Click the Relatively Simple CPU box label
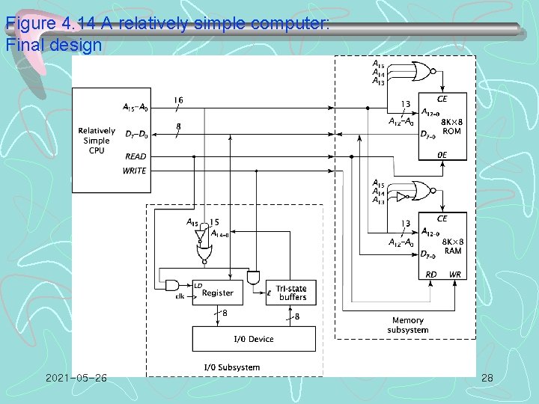(97, 141)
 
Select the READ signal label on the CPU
(135, 156)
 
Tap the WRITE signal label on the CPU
(135, 171)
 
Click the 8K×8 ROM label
(451, 126)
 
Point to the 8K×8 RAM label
(451, 247)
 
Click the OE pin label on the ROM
(442, 154)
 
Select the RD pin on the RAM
(431, 275)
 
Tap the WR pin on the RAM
(454, 275)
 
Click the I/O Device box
(254, 339)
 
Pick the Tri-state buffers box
(290, 293)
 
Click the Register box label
(218, 293)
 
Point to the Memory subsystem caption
(408, 325)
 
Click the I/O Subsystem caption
(232, 367)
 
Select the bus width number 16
(178, 100)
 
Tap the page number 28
(487, 379)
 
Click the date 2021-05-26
(76, 379)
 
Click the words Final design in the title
(53, 45)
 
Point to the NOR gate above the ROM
(423, 73)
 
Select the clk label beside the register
(180, 296)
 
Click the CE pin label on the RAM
(442, 218)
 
